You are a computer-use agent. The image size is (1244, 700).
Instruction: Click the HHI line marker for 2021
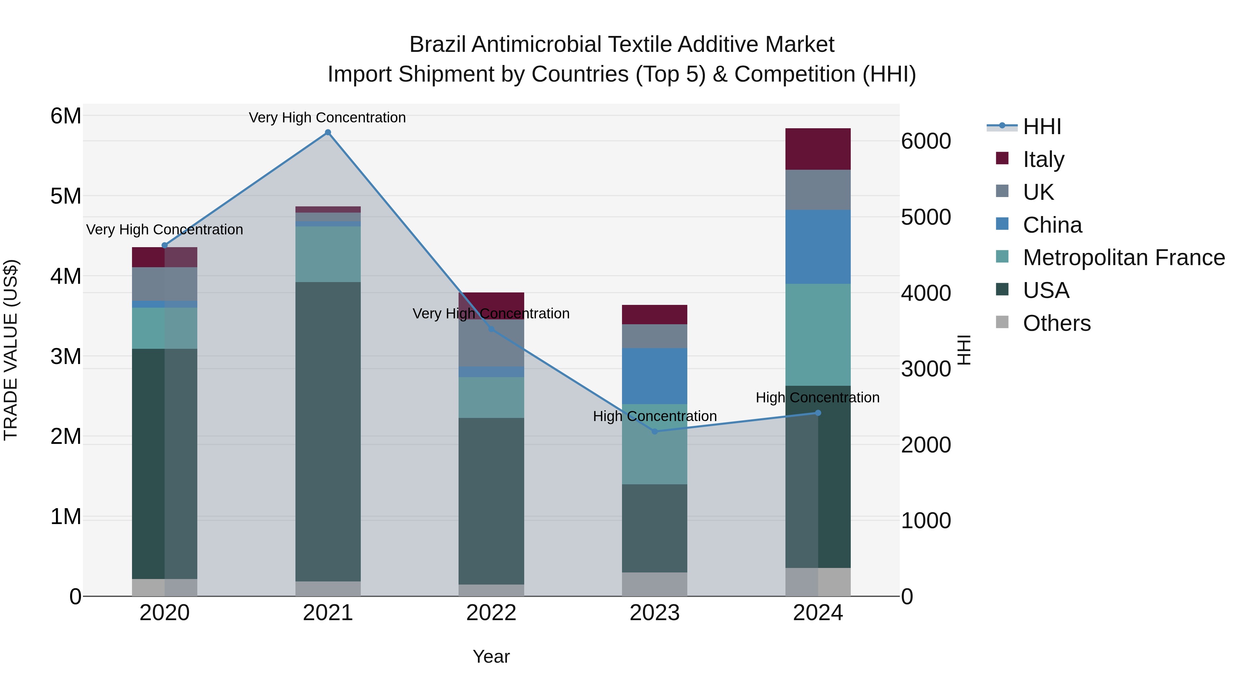pyautogui.click(x=328, y=132)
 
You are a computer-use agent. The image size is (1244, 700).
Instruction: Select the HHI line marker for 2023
pyautogui.click(x=655, y=431)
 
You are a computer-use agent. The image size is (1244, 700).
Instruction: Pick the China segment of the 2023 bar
pyautogui.click(x=654, y=376)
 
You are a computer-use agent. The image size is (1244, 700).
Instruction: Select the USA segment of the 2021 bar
pyautogui.click(x=328, y=431)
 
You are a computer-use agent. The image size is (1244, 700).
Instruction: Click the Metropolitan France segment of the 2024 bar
pyautogui.click(x=818, y=334)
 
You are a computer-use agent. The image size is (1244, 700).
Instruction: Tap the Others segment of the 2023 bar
pyautogui.click(x=654, y=584)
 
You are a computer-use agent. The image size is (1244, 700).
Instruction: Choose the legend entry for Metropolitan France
pyautogui.click(x=1123, y=258)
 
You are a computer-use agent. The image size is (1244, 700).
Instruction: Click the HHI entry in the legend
pyautogui.click(x=1042, y=127)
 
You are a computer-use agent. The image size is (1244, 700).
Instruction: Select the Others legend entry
pyautogui.click(x=1056, y=323)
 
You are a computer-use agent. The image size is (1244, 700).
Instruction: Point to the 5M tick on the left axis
pyautogui.click(x=66, y=196)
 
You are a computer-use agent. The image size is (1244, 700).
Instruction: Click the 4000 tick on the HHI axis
pyautogui.click(x=926, y=293)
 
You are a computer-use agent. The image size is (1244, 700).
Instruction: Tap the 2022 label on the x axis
pyautogui.click(x=491, y=613)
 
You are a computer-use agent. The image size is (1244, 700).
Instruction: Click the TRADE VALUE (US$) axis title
pyautogui.click(x=11, y=350)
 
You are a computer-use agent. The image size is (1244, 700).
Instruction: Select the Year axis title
pyautogui.click(x=491, y=656)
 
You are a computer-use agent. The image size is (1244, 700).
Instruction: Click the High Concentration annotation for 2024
pyautogui.click(x=818, y=398)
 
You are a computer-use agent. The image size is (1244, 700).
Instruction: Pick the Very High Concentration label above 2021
pyautogui.click(x=328, y=118)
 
